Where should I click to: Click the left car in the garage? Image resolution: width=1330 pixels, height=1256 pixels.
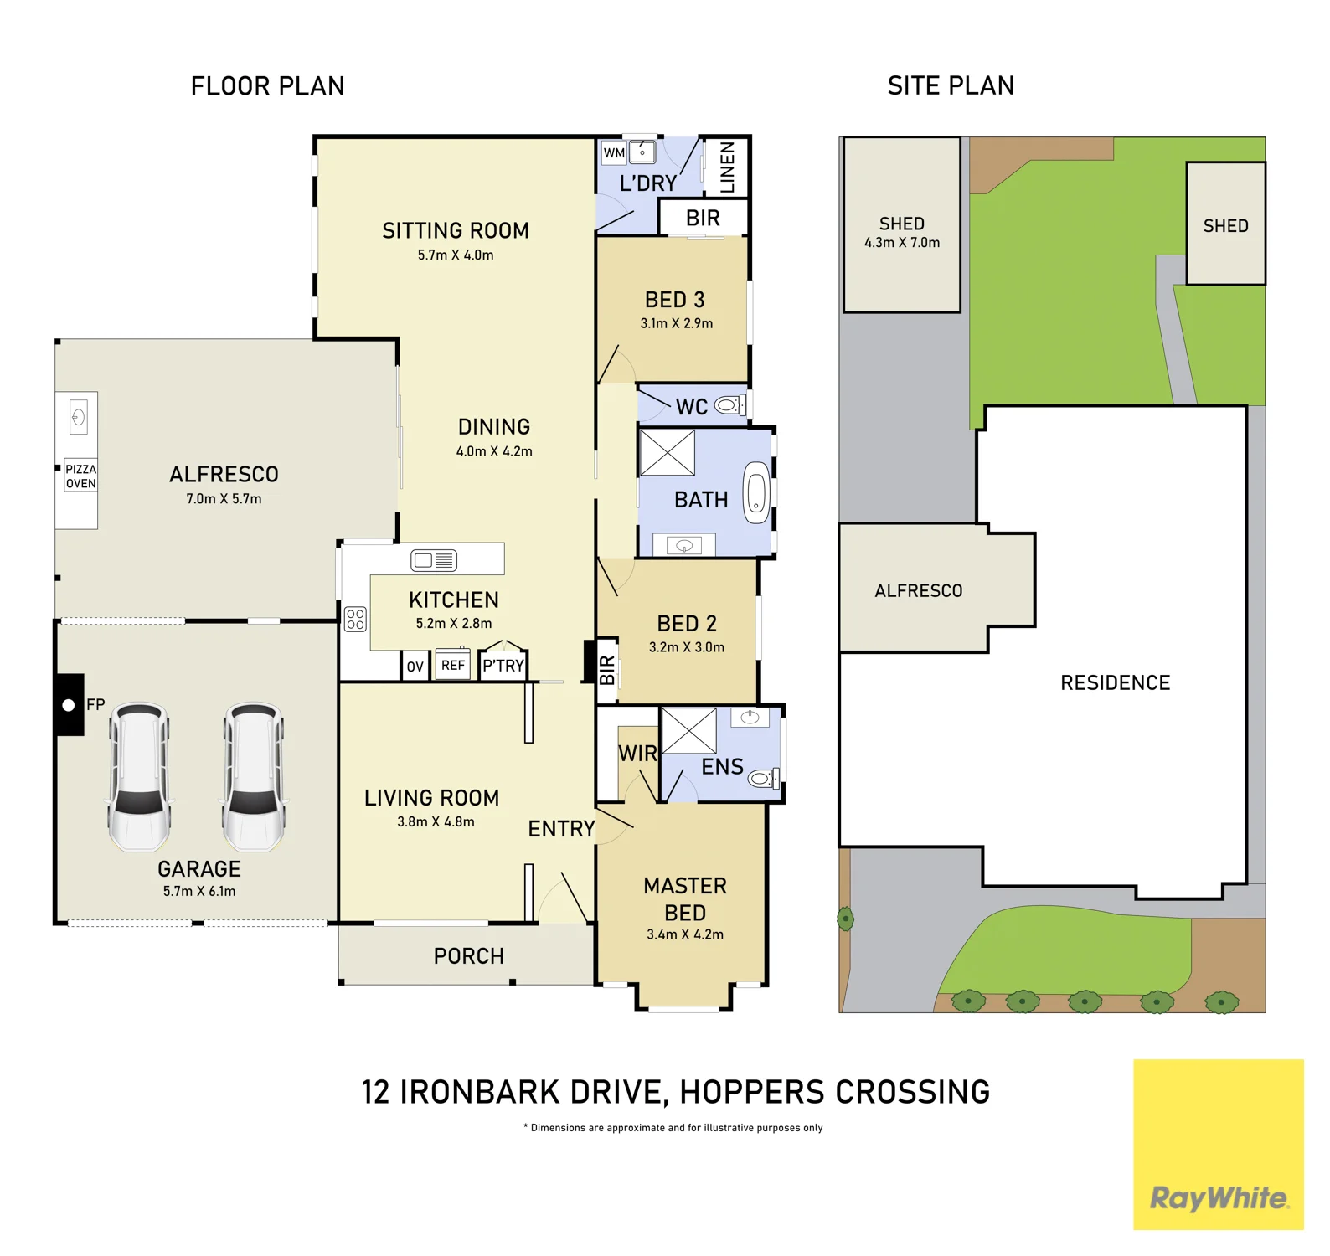click(x=140, y=776)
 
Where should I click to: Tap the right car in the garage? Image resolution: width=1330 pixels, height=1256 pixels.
click(x=254, y=776)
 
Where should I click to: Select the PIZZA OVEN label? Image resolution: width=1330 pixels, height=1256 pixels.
click(x=81, y=476)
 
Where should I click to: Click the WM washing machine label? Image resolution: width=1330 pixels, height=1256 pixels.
click(x=614, y=153)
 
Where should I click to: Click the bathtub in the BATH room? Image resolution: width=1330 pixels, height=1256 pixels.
click(x=756, y=492)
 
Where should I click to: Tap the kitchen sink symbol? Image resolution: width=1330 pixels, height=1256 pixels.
click(x=434, y=560)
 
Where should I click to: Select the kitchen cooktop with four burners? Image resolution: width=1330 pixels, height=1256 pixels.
click(x=355, y=619)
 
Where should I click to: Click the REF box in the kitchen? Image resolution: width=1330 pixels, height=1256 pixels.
click(x=453, y=665)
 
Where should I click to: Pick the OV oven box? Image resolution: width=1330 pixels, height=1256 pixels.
click(x=415, y=667)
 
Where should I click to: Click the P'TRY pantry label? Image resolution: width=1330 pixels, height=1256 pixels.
click(x=503, y=666)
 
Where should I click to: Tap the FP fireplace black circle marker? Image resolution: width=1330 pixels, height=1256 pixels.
click(x=69, y=705)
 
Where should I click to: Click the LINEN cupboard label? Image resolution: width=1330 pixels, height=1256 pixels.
click(x=727, y=167)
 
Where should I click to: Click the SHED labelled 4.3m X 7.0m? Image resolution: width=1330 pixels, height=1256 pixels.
click(x=902, y=224)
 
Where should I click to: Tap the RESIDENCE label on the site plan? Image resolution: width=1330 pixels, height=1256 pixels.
click(x=1115, y=682)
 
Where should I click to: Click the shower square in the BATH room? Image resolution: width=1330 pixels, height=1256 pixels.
click(x=668, y=452)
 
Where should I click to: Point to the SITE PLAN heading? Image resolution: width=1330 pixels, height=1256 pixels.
click(x=951, y=85)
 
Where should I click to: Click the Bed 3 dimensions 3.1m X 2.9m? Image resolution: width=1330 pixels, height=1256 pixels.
click(x=677, y=323)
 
